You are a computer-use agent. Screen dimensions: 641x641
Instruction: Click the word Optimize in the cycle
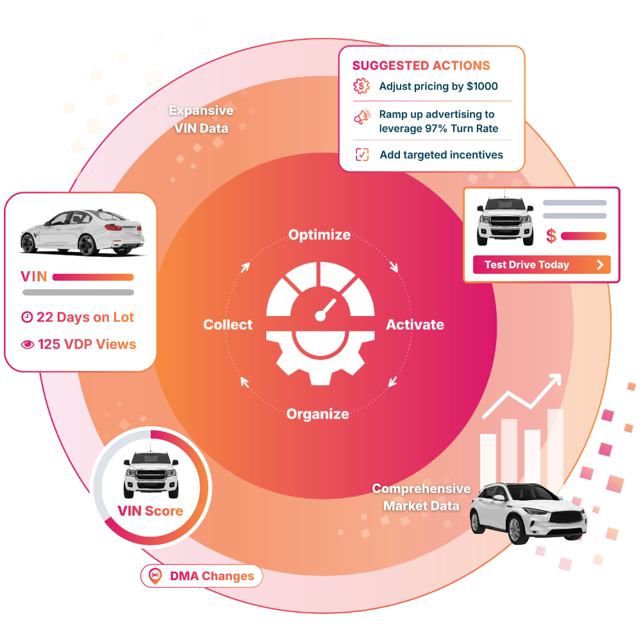click(319, 235)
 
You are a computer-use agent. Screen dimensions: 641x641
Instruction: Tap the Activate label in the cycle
click(415, 324)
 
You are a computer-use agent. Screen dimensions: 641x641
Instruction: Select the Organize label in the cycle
click(318, 414)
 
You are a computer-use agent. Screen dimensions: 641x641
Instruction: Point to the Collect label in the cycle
click(228, 324)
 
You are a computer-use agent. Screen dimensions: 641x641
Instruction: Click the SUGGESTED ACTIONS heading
click(421, 65)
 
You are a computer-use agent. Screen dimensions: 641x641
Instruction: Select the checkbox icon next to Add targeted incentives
click(362, 154)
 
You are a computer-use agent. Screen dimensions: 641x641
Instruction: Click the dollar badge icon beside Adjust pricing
click(362, 86)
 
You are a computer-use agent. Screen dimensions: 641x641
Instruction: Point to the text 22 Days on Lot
click(85, 317)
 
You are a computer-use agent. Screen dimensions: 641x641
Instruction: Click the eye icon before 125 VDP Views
click(28, 345)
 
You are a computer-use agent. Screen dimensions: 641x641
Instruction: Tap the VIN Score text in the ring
click(150, 511)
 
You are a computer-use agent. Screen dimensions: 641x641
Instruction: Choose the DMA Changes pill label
click(212, 576)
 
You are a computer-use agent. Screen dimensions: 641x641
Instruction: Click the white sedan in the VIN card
click(82, 232)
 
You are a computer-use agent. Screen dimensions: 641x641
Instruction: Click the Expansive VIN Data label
click(201, 119)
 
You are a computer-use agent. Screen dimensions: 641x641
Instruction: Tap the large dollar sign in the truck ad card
click(551, 235)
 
